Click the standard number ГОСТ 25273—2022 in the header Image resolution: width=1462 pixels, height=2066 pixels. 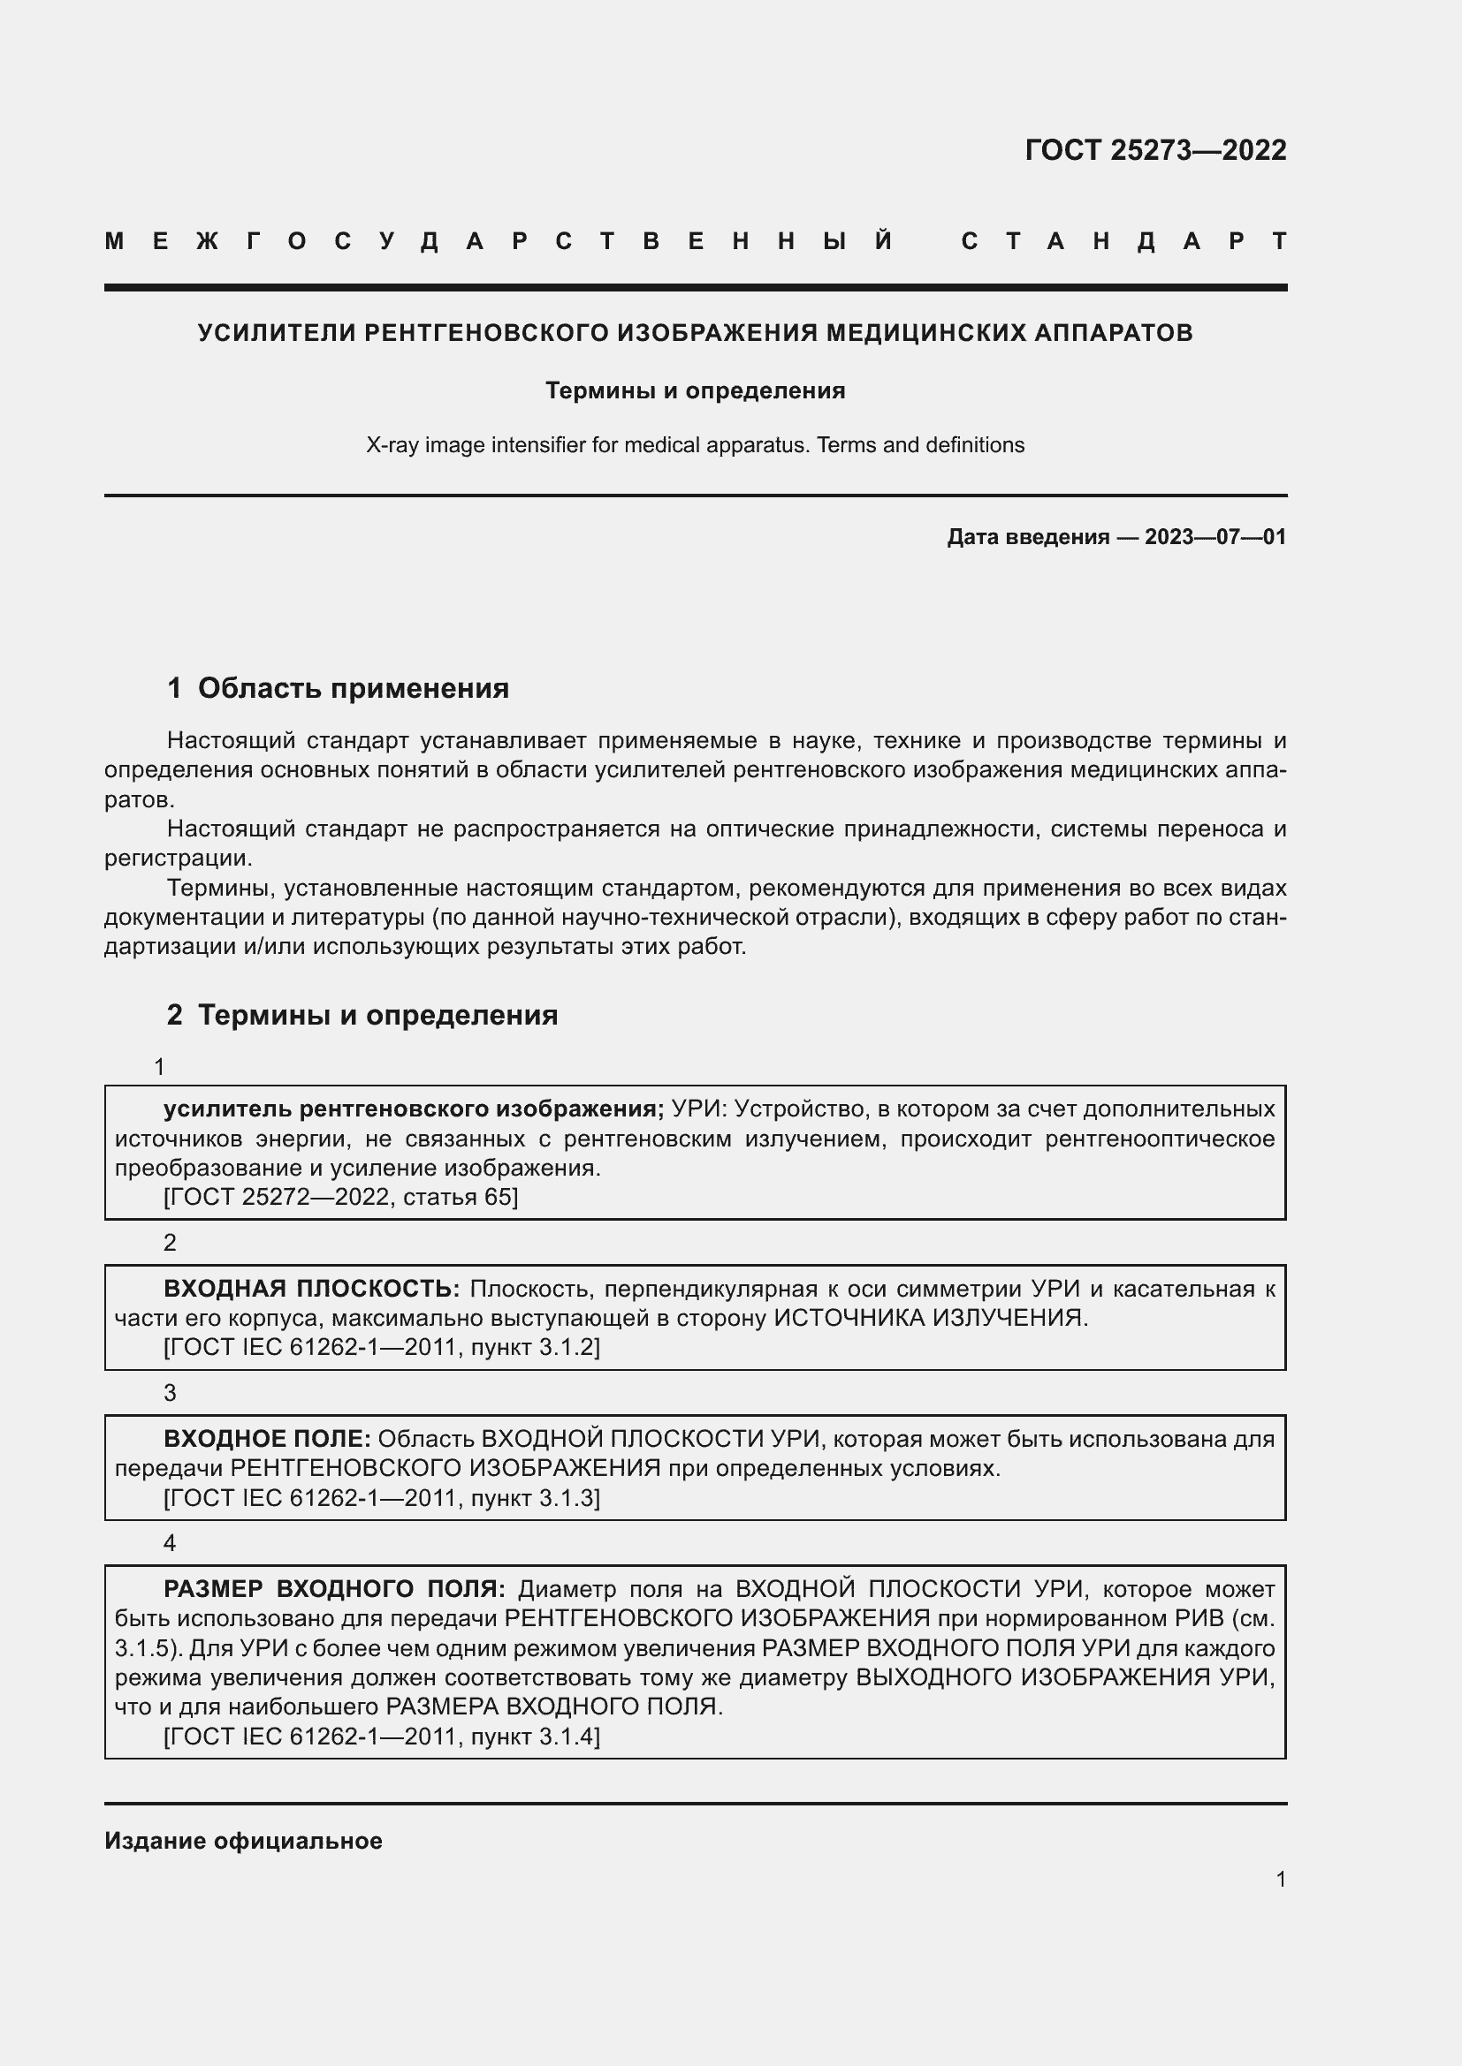[x=1155, y=149]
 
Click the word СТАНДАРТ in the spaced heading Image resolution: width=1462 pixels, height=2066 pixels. [x=1123, y=241]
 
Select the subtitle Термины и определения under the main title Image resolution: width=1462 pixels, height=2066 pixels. [x=695, y=390]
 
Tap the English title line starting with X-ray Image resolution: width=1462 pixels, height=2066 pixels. [x=695, y=444]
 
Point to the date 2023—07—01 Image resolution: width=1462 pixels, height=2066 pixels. [x=1215, y=537]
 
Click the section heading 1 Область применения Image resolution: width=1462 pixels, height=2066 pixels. [x=338, y=688]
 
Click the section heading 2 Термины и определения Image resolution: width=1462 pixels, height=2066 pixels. [x=362, y=1015]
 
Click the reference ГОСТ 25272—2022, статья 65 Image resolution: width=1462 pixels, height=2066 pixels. [x=340, y=1197]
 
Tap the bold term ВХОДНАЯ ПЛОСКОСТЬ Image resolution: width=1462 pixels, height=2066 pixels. [x=311, y=1289]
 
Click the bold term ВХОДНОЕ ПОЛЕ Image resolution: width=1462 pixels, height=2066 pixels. [x=267, y=1439]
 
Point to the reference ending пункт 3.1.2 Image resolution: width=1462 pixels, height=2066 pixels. [x=382, y=1347]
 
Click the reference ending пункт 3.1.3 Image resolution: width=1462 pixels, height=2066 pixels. [x=382, y=1497]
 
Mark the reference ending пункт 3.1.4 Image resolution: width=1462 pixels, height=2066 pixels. [x=382, y=1736]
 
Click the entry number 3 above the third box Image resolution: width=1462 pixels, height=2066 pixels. [x=169, y=1393]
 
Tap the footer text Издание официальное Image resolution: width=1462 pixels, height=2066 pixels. [x=243, y=1841]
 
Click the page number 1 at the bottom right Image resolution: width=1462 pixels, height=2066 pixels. [x=1280, y=1879]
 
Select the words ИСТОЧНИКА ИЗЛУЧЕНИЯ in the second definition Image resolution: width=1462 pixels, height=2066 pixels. [x=930, y=1318]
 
